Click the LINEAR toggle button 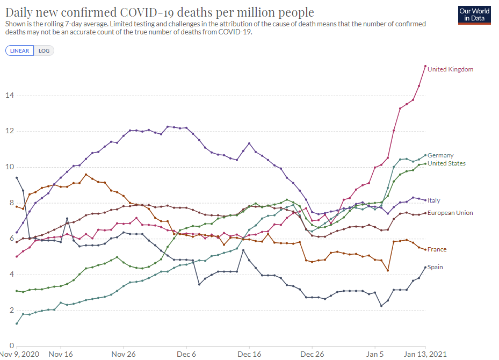coord(20,51)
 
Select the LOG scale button coord(44,51)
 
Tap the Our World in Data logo coord(474,15)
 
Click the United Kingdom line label coord(450,69)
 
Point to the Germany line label coord(440,155)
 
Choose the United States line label coord(446,163)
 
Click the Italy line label coord(433,200)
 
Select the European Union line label coord(450,213)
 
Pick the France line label coord(437,249)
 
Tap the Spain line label coord(435,267)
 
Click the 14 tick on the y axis coord(9,96)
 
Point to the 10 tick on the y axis coord(9,167)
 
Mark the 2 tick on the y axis coord(11,310)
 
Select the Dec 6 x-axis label coord(186,355)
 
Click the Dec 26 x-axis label coord(312,355)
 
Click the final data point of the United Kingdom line coord(425,66)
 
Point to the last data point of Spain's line coord(425,267)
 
